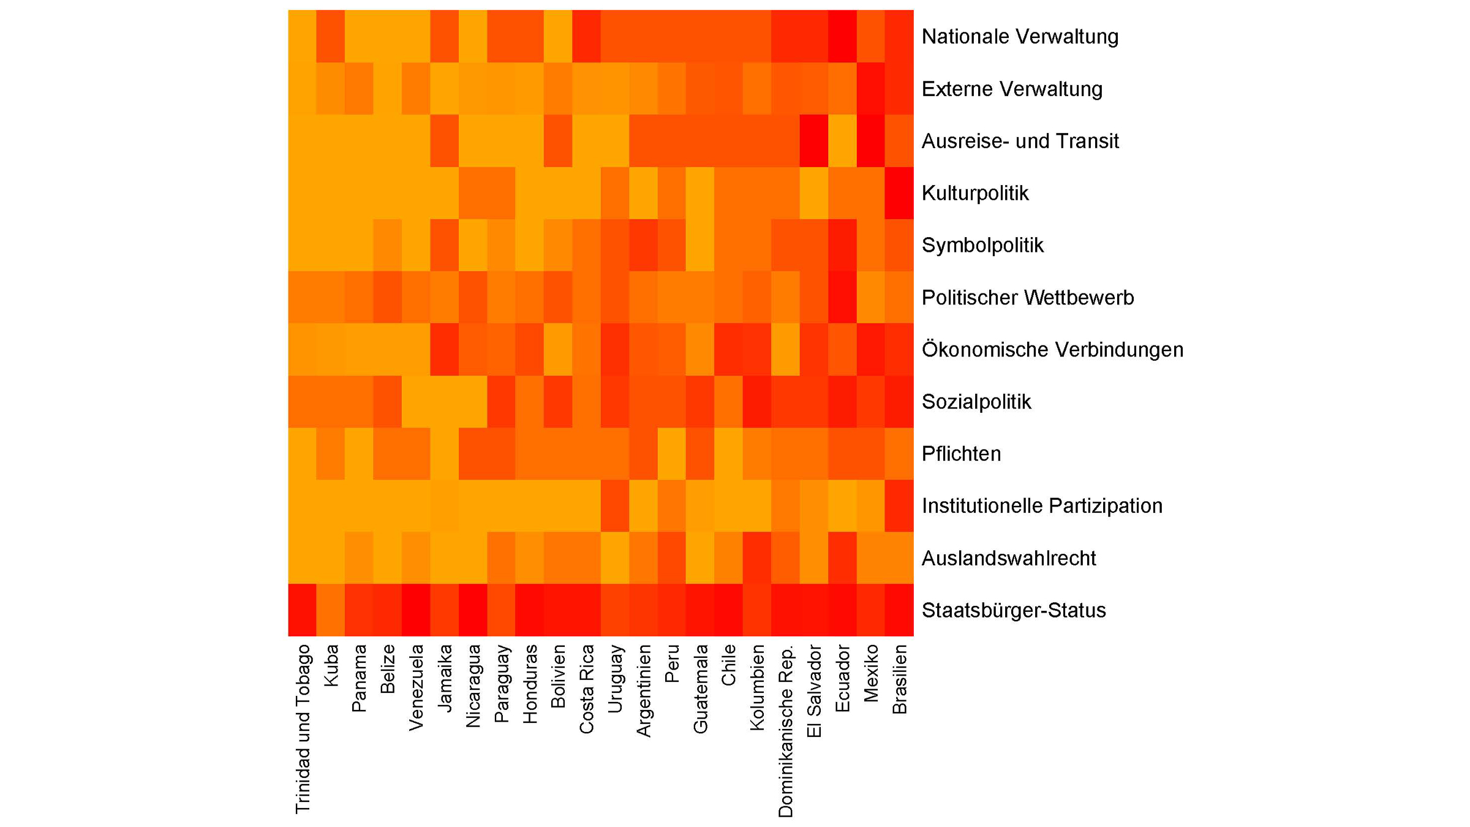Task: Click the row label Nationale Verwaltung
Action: [1020, 37]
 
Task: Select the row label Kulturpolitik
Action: [975, 194]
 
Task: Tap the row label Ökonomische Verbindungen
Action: [1052, 350]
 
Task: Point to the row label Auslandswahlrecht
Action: [1009, 559]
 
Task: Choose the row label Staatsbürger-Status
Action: [1014, 611]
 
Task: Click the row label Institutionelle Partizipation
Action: [1042, 506]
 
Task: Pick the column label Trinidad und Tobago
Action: [303, 729]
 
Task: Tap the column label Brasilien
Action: [900, 679]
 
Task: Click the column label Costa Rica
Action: [587, 689]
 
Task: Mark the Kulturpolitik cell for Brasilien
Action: [899, 193]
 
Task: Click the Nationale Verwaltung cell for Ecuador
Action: [842, 36]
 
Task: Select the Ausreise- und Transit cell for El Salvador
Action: [814, 141]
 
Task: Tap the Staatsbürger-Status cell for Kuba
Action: [331, 610]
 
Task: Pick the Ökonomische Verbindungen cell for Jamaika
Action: [445, 349]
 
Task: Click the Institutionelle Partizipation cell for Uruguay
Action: [615, 506]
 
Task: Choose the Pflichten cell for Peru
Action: [672, 454]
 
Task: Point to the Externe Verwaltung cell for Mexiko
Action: [871, 89]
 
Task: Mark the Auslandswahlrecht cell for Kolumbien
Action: [757, 558]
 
